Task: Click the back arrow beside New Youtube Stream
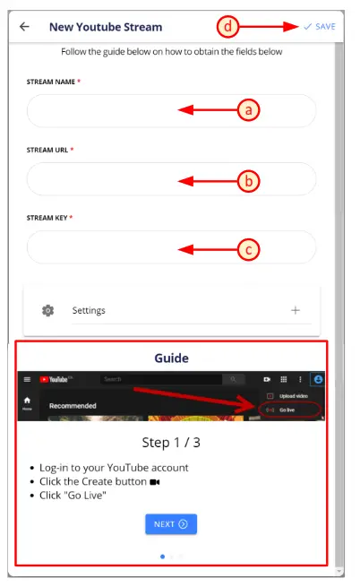pyautogui.click(x=24, y=27)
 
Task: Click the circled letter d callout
pyautogui.click(x=228, y=27)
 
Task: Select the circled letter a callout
pyautogui.click(x=249, y=110)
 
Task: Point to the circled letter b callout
pyautogui.click(x=249, y=181)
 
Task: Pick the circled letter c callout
pyautogui.click(x=249, y=250)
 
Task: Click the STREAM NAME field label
pyautogui.click(x=52, y=82)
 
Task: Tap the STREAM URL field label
pyautogui.click(x=50, y=150)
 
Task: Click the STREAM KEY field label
pyautogui.click(x=49, y=218)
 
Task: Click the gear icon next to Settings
pyautogui.click(x=48, y=310)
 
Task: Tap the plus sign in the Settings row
pyautogui.click(x=296, y=310)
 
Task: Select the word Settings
pyautogui.click(x=89, y=310)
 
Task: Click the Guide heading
pyautogui.click(x=171, y=358)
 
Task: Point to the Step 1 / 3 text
pyautogui.click(x=171, y=442)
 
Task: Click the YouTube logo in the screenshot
pyautogui.click(x=61, y=379)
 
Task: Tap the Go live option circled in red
pyautogui.click(x=287, y=410)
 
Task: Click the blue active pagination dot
pyautogui.click(x=162, y=557)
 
